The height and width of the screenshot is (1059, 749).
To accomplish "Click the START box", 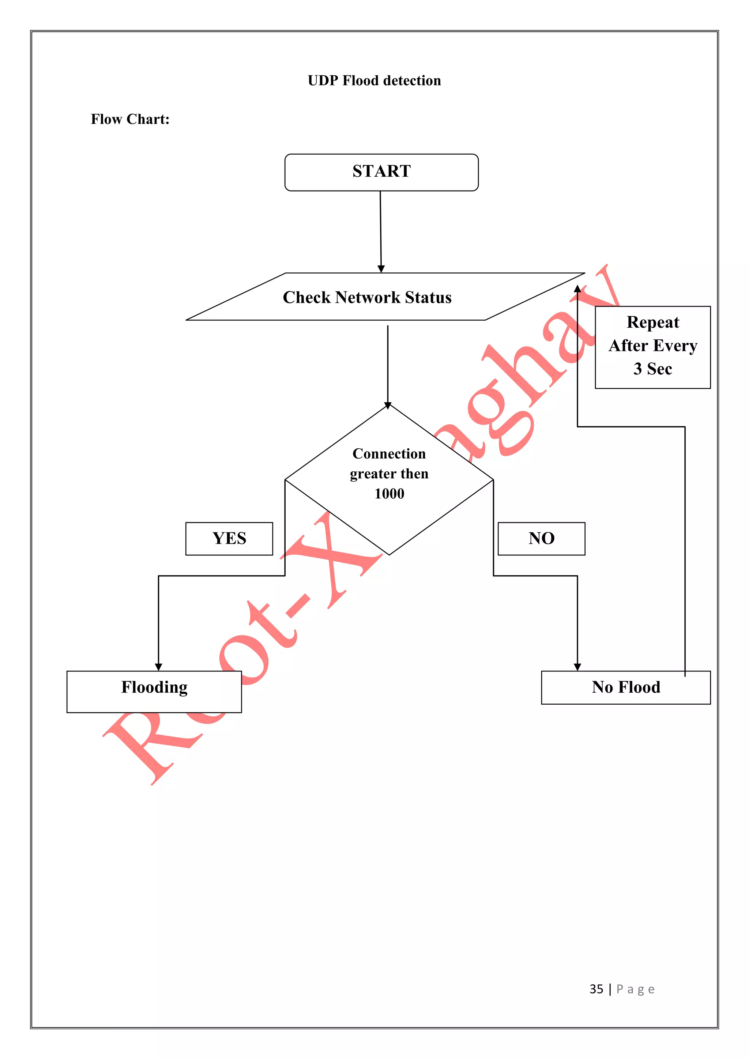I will (x=381, y=172).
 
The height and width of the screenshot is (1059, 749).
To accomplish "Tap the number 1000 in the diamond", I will (x=389, y=494).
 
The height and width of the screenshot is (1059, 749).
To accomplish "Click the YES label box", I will (x=229, y=538).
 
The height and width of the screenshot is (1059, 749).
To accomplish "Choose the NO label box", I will (x=542, y=538).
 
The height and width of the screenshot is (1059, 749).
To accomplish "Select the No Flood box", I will (x=625, y=687).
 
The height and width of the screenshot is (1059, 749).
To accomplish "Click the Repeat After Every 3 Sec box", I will (x=652, y=346).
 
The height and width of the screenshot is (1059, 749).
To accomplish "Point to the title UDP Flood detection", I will (x=374, y=81).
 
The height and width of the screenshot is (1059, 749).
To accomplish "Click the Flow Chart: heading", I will (x=130, y=120).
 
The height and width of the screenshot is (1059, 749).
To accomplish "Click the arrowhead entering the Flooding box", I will (x=159, y=667).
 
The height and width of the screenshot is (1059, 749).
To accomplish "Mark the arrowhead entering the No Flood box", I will (x=577, y=667).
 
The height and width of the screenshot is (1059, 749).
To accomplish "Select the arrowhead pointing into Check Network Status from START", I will (x=381, y=269).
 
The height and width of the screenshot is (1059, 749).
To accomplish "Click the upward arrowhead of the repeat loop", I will (x=577, y=289).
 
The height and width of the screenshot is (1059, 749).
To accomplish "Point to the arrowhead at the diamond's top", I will (x=388, y=406).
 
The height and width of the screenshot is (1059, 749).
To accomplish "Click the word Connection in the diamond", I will (x=389, y=454).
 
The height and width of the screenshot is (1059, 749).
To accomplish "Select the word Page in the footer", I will (x=635, y=990).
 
